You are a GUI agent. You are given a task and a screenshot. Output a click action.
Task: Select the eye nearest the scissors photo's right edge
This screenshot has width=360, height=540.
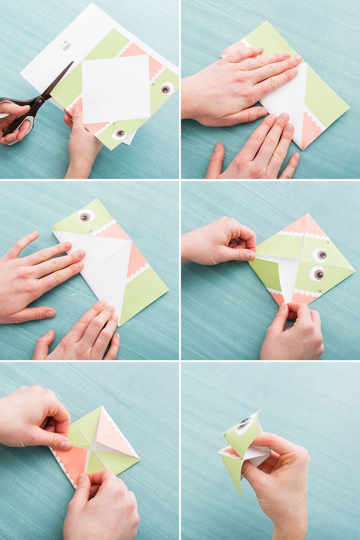pyautogui.click(x=166, y=88)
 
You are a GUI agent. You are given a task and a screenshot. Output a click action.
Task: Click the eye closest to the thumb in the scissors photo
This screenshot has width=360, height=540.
pyautogui.click(x=119, y=133)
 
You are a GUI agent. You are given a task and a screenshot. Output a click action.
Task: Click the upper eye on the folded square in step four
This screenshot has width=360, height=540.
pyautogui.click(x=320, y=254)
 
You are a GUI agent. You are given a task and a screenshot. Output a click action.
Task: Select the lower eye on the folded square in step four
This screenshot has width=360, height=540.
pyautogui.click(x=317, y=272)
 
